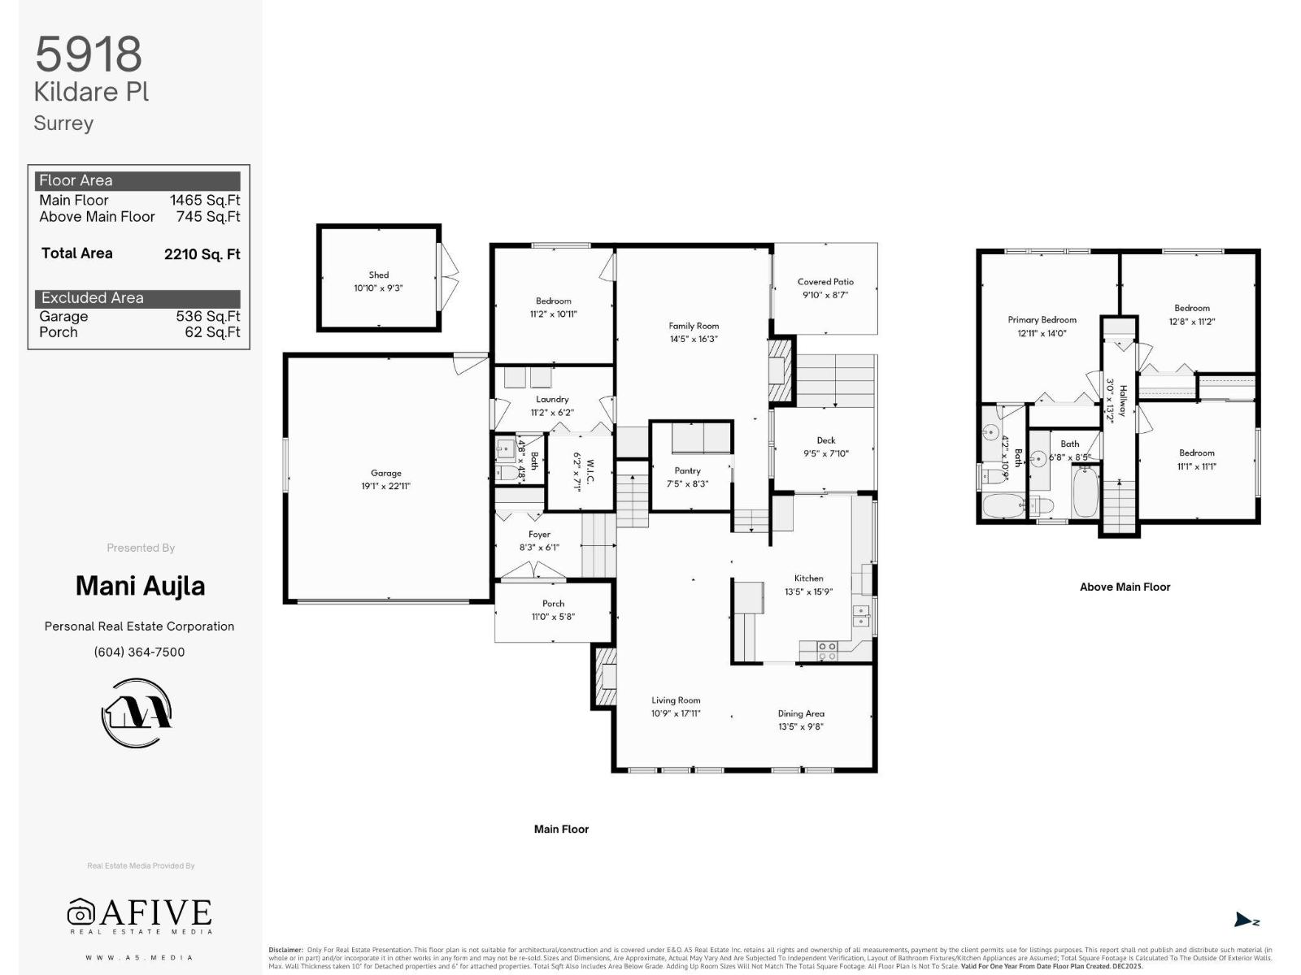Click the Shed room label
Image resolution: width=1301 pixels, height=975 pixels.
click(378, 275)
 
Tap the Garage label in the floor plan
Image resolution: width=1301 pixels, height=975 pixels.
click(386, 473)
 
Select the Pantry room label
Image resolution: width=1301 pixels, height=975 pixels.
click(687, 470)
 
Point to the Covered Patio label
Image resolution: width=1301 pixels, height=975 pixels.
click(825, 282)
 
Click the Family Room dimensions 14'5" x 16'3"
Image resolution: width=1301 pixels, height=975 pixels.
click(694, 339)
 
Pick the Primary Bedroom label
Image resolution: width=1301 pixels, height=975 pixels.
click(1042, 320)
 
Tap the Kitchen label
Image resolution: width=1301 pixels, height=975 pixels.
click(808, 578)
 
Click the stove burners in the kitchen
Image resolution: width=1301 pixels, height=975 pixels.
click(827, 650)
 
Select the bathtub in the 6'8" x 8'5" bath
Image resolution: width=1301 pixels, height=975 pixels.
click(1085, 492)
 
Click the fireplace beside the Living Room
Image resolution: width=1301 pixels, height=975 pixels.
click(606, 676)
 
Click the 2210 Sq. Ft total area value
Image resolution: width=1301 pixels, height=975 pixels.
click(202, 254)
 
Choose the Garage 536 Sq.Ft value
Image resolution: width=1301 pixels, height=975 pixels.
click(207, 316)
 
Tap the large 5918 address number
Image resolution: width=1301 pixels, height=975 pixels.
click(88, 54)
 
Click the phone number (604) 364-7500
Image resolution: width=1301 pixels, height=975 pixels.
click(139, 652)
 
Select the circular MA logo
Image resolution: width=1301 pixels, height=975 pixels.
click(137, 713)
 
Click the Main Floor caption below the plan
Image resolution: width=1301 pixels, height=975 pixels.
click(561, 829)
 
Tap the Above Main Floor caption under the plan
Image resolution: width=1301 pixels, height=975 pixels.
click(1125, 587)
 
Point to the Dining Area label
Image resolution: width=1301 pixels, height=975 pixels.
click(801, 713)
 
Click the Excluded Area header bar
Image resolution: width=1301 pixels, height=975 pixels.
click(137, 298)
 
